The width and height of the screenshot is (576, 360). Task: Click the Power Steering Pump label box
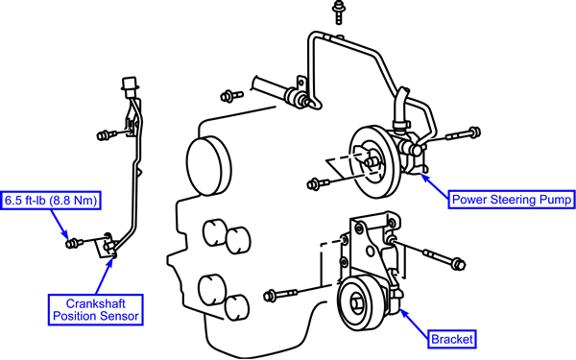click(512, 200)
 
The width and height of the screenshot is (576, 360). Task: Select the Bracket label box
click(452, 339)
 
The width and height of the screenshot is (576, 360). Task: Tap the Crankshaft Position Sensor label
click(95, 310)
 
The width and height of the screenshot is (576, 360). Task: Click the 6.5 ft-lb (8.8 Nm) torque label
click(51, 201)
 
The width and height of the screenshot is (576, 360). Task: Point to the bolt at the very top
click(338, 12)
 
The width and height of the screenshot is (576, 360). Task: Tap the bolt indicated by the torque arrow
click(75, 243)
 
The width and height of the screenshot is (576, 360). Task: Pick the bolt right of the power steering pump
click(464, 134)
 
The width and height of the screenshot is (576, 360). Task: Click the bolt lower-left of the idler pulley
click(280, 295)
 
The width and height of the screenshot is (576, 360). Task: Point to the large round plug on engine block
click(208, 166)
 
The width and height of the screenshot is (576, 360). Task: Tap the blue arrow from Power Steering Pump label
click(435, 186)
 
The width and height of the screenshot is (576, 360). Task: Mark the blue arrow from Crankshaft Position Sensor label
click(105, 275)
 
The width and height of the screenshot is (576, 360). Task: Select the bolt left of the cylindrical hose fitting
click(231, 96)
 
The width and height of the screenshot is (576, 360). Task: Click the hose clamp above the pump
click(400, 125)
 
